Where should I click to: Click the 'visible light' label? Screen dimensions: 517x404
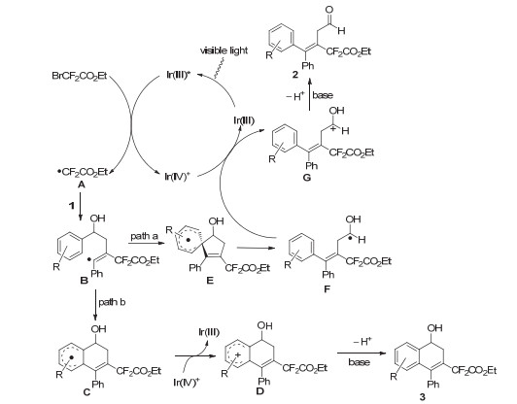click(224, 50)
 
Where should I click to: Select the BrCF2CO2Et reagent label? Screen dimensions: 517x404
click(79, 76)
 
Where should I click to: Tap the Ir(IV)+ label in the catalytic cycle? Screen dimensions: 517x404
click(178, 177)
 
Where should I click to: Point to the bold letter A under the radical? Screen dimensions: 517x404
click(81, 185)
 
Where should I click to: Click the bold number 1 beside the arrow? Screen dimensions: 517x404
click(71, 206)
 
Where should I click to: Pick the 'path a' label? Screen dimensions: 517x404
click(145, 236)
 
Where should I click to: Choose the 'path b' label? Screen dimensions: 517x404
click(112, 302)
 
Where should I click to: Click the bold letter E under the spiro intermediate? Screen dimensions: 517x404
click(210, 280)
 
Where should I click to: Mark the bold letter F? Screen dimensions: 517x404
click(327, 289)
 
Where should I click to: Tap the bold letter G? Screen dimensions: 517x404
click(306, 178)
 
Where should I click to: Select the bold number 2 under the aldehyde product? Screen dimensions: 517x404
click(295, 75)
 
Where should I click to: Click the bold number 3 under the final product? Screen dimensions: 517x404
click(423, 397)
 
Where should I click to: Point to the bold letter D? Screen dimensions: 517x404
click(260, 390)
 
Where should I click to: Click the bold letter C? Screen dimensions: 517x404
click(86, 391)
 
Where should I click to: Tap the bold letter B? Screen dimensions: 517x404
click(84, 280)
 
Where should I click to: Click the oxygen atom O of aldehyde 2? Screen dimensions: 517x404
click(328, 10)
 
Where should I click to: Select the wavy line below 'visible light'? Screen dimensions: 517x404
click(220, 68)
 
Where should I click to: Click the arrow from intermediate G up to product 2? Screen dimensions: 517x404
click(309, 94)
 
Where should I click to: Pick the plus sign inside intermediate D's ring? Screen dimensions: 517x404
click(239, 354)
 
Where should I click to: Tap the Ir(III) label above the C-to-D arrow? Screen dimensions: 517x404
click(209, 332)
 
